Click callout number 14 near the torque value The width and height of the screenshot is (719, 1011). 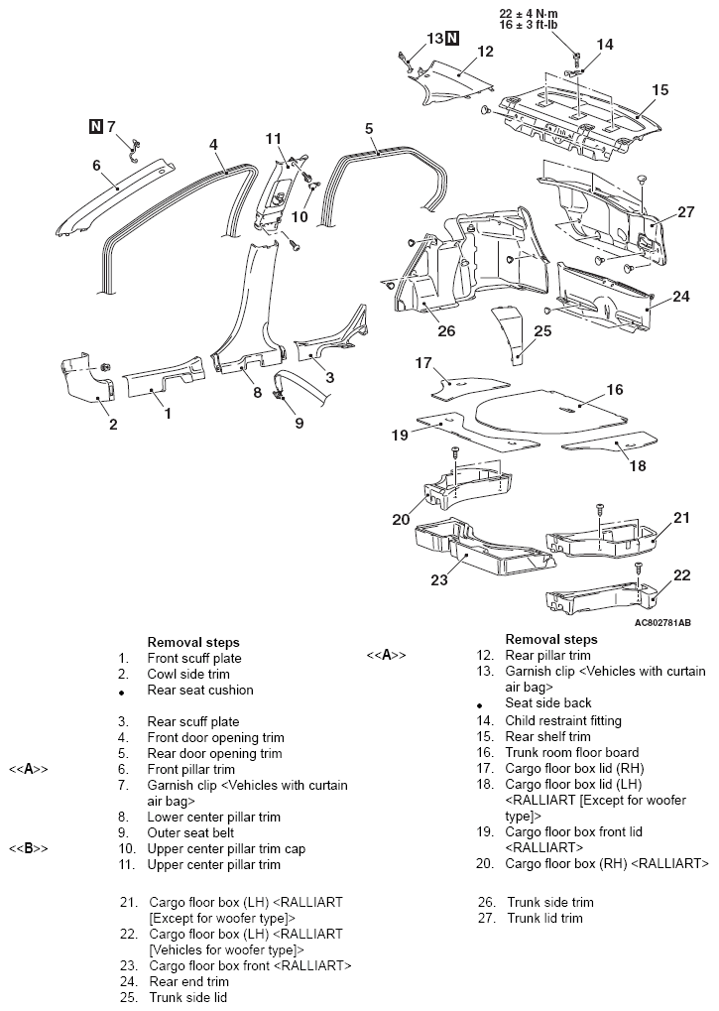(605, 44)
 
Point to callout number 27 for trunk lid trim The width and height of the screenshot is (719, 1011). (686, 211)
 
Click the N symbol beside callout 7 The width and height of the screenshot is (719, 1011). (95, 126)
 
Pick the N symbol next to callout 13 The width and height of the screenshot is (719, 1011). (452, 38)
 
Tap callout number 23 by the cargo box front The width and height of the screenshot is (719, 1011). (439, 579)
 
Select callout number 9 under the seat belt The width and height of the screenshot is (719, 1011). (300, 423)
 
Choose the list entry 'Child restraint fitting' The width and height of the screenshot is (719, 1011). (564, 720)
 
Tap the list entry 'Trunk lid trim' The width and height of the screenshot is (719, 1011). (544, 918)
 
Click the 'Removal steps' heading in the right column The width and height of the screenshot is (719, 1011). (551, 639)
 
